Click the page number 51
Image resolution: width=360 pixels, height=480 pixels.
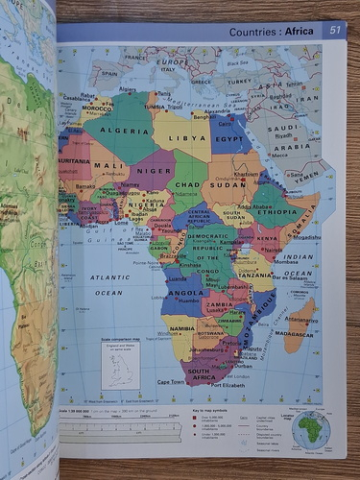[x=334, y=31]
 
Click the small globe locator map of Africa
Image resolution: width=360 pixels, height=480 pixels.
[x=311, y=429]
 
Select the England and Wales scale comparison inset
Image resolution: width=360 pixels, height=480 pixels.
[x=121, y=365]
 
